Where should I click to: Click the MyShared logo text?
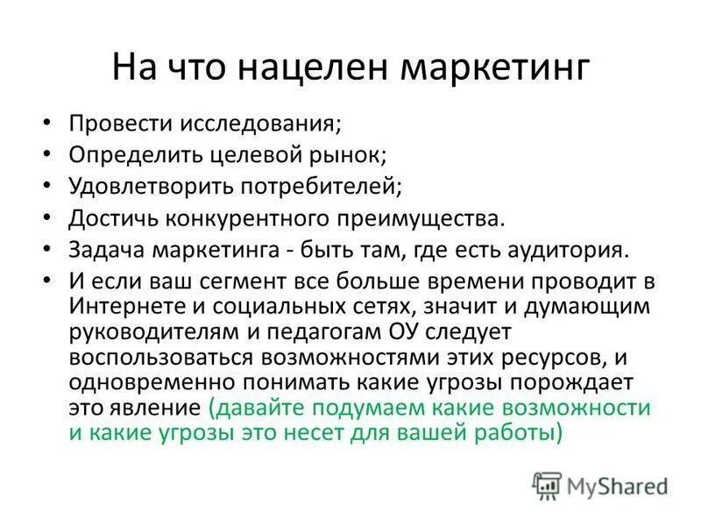point(614,485)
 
